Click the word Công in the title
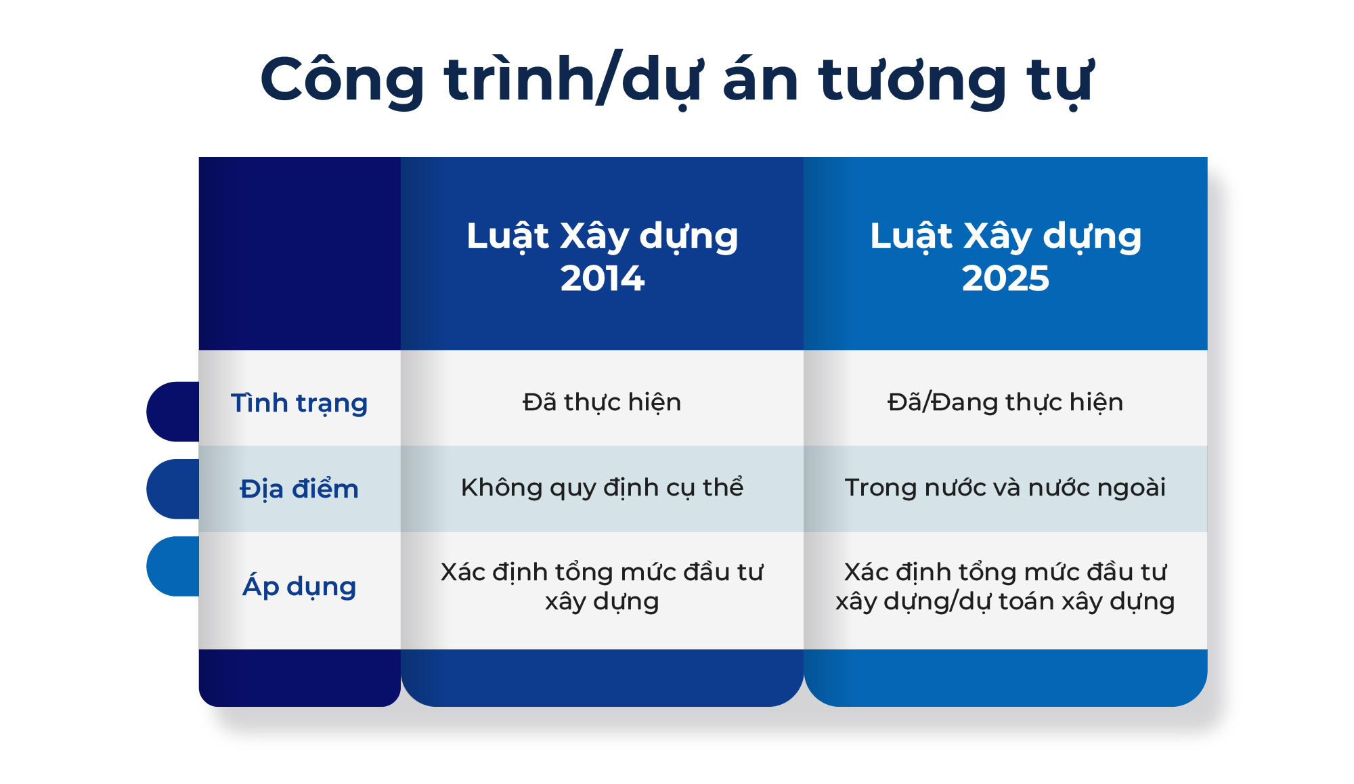(x=342, y=80)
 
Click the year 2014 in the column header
(x=602, y=278)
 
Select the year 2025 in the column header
(x=1005, y=278)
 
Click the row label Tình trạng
(x=299, y=403)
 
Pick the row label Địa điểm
(x=299, y=489)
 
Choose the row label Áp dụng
(x=299, y=586)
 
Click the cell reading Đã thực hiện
(x=602, y=402)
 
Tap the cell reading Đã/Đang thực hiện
(x=1005, y=402)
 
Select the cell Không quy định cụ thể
(x=602, y=487)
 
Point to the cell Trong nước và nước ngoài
(x=1005, y=487)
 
